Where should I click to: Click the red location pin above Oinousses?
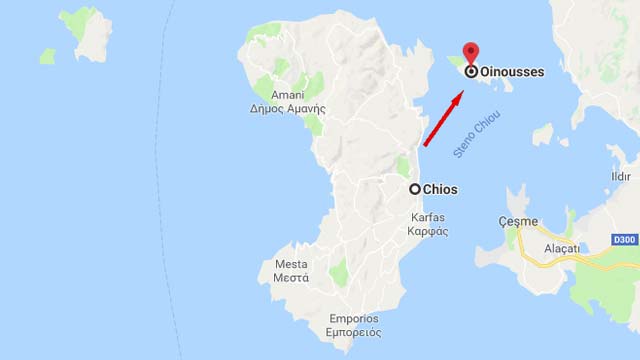click(471, 53)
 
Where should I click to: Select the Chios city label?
click(440, 189)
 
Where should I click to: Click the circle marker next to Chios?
click(414, 189)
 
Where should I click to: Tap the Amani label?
click(287, 95)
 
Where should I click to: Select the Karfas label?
click(428, 217)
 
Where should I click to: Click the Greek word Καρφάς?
click(428, 231)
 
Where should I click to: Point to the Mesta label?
click(291, 264)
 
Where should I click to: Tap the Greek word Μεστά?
click(291, 278)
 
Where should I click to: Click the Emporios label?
click(355, 319)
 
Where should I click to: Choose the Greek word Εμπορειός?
click(355, 333)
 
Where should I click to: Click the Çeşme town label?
click(518, 221)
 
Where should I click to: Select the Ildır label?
click(621, 177)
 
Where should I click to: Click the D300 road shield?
click(624, 240)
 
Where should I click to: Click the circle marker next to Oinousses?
click(471, 72)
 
